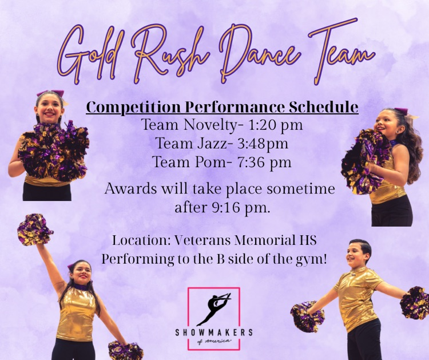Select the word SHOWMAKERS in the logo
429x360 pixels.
tap(214, 333)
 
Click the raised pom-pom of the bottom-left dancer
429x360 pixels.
tap(34, 229)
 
